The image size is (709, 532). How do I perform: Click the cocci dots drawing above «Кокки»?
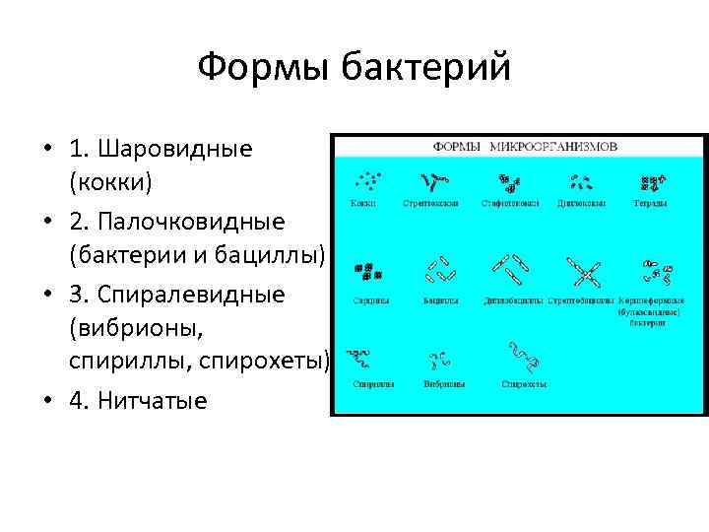tap(365, 181)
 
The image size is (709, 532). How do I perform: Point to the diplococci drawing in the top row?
tap(581, 181)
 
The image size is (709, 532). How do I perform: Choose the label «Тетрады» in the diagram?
tap(650, 204)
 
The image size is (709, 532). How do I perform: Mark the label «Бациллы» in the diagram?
tap(439, 299)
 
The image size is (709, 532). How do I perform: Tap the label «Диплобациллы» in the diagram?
tap(512, 299)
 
